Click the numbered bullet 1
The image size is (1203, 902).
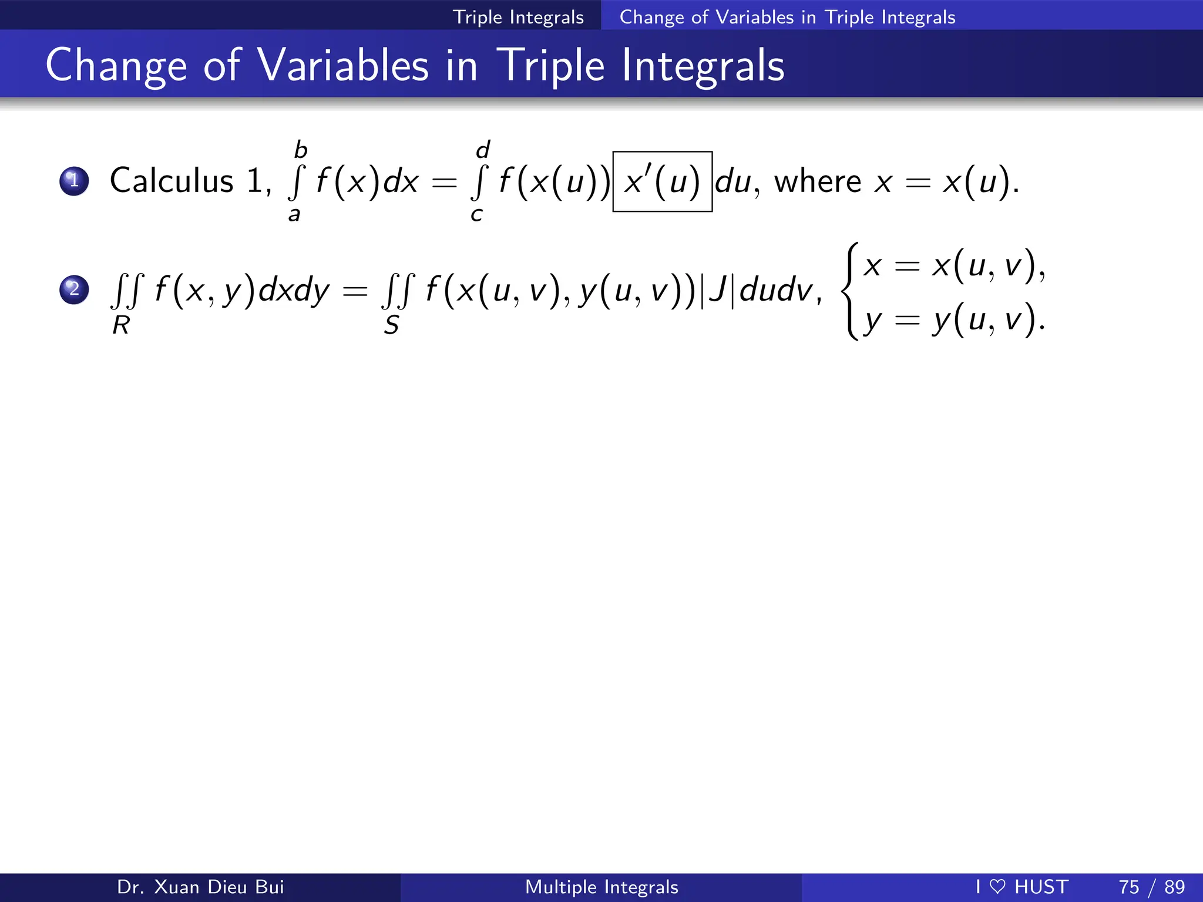74,180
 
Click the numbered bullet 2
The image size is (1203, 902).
74,290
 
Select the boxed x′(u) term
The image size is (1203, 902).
662,181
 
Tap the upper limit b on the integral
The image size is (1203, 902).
301,150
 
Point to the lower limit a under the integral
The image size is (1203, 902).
294,215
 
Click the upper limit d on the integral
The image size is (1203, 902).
483,150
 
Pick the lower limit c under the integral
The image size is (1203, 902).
476,215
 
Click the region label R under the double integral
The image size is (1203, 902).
121,325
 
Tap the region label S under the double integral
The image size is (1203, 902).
391,325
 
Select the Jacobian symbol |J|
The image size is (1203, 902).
717,290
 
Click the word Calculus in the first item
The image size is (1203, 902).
172,180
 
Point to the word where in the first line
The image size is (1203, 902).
817,181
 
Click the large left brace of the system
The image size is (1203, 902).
850,291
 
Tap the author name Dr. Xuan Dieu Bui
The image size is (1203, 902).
200,887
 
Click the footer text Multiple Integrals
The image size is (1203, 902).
601,887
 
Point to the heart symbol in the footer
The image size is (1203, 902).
997,887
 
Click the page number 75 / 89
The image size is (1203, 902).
1151,887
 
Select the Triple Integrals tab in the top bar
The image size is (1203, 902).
518,17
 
